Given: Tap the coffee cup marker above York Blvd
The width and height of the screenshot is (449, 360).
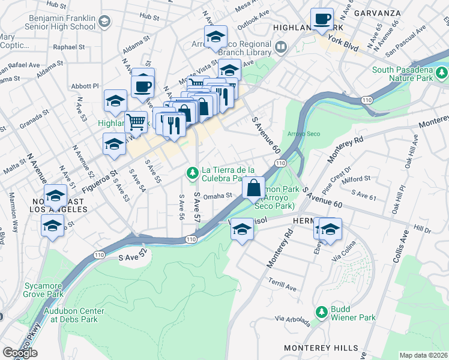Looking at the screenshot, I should click(322, 19).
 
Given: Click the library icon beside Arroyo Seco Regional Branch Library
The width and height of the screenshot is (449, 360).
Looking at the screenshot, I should click(281, 46).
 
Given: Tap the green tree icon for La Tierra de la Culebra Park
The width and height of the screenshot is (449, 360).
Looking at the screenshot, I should click(192, 173).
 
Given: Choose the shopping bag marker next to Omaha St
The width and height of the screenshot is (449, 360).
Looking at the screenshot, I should click(254, 188).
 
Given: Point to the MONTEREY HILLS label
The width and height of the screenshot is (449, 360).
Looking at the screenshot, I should click(312, 348).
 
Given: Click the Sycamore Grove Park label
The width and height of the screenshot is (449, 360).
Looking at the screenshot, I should click(43, 289).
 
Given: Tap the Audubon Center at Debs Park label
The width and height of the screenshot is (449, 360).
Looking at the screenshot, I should click(74, 315).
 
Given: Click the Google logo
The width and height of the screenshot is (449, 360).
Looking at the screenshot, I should click(19, 353).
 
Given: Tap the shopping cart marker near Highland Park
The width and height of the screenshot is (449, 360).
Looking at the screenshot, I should click(136, 122).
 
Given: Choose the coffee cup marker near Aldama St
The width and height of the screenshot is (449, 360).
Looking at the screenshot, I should click(143, 86).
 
